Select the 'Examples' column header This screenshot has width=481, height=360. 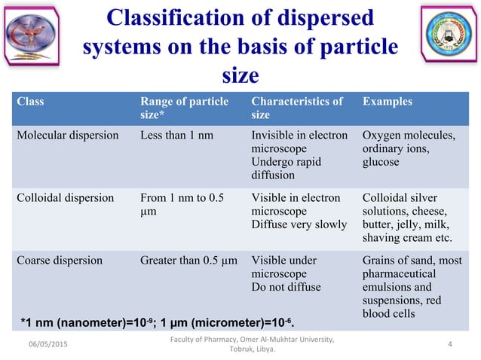(x=386, y=102)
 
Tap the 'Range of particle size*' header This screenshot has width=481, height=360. (x=185, y=108)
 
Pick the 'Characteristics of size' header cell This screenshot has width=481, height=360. (x=297, y=108)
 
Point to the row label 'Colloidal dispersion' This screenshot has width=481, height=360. (x=66, y=198)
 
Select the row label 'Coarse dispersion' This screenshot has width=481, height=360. (x=60, y=261)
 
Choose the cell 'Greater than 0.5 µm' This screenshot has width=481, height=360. (x=189, y=261)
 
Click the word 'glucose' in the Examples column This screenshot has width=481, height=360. (x=381, y=163)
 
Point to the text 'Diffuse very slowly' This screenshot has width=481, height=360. (x=300, y=225)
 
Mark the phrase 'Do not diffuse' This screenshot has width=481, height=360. (x=286, y=288)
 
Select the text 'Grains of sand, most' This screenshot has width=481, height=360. (x=413, y=261)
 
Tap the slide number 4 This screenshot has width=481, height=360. (x=449, y=344)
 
